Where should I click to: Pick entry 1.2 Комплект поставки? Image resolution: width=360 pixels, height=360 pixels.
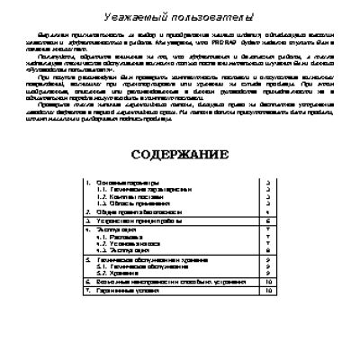pyautogui.click(x=126, y=198)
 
